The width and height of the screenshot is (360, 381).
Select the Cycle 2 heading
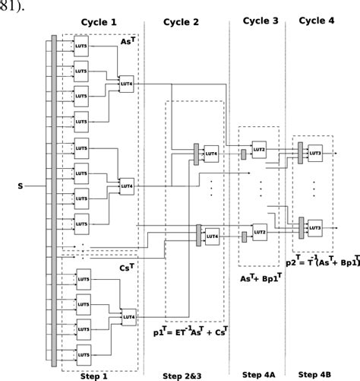(182, 22)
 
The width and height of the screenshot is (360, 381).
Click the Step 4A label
(258, 374)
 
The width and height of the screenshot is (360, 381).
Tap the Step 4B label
(314, 374)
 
